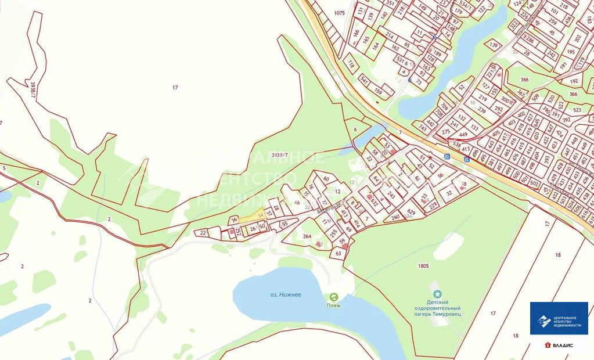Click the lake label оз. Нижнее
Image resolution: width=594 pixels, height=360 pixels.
pyautogui.click(x=286, y=294)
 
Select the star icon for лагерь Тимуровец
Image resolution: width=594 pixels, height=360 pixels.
pyautogui.click(x=437, y=294)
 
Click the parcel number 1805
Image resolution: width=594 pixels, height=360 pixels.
pyautogui.click(x=423, y=266)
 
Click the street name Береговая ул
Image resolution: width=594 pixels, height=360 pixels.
pyautogui.click(x=332, y=207)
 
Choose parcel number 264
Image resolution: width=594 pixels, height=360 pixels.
pyautogui.click(x=307, y=236)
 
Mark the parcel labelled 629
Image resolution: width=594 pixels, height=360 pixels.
pyautogui.click(x=412, y=211)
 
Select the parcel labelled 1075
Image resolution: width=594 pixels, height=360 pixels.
pyautogui.click(x=339, y=13)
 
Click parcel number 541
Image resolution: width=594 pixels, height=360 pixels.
pyautogui.click(x=364, y=79)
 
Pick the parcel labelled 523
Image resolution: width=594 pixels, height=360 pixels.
pyautogui.click(x=577, y=110)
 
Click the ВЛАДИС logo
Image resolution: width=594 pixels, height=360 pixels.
pyautogui.click(x=559, y=345)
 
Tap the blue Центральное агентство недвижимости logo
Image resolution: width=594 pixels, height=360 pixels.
pyautogui.click(x=559, y=319)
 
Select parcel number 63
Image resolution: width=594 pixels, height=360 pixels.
pyautogui.click(x=339, y=253)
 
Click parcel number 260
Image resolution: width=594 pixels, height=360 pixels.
pyautogui.click(x=395, y=218)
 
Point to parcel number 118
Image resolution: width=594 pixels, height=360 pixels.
pyautogui.click(x=351, y=64)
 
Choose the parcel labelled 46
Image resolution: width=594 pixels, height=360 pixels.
pyautogui.click(x=297, y=203)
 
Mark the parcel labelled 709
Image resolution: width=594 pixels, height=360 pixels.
pyautogui.click(x=444, y=106)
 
